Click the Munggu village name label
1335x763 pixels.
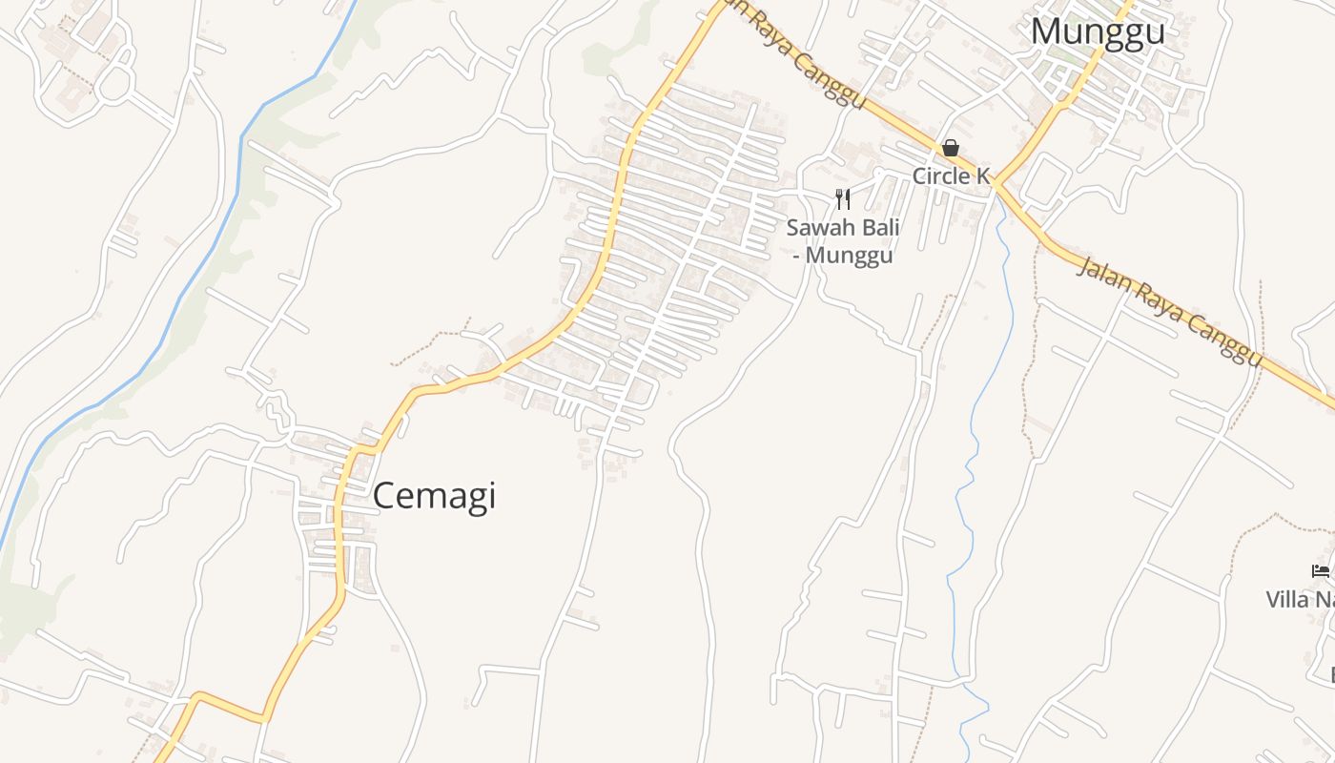pos(1098,31)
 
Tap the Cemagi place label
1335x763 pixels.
pos(434,496)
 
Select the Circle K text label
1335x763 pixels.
pos(951,176)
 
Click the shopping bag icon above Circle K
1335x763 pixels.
pos(951,149)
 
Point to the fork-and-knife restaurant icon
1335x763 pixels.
pos(842,198)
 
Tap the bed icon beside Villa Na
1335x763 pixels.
pos(1321,571)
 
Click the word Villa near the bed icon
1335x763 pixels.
pos(1287,600)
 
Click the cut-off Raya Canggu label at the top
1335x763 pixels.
pos(791,52)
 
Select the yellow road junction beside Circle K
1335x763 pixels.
pos(995,184)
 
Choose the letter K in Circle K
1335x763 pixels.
pos(981,176)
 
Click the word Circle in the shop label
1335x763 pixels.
pos(939,176)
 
